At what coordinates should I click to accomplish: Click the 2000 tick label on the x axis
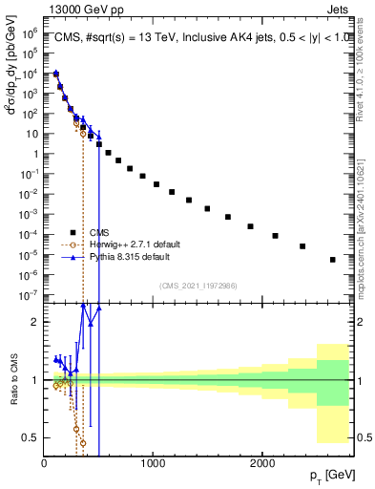(262, 463)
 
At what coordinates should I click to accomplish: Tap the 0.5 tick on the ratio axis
(32, 437)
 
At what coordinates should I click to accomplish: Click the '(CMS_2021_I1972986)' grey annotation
(198, 286)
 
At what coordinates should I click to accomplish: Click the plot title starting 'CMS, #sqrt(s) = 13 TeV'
(196, 37)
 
